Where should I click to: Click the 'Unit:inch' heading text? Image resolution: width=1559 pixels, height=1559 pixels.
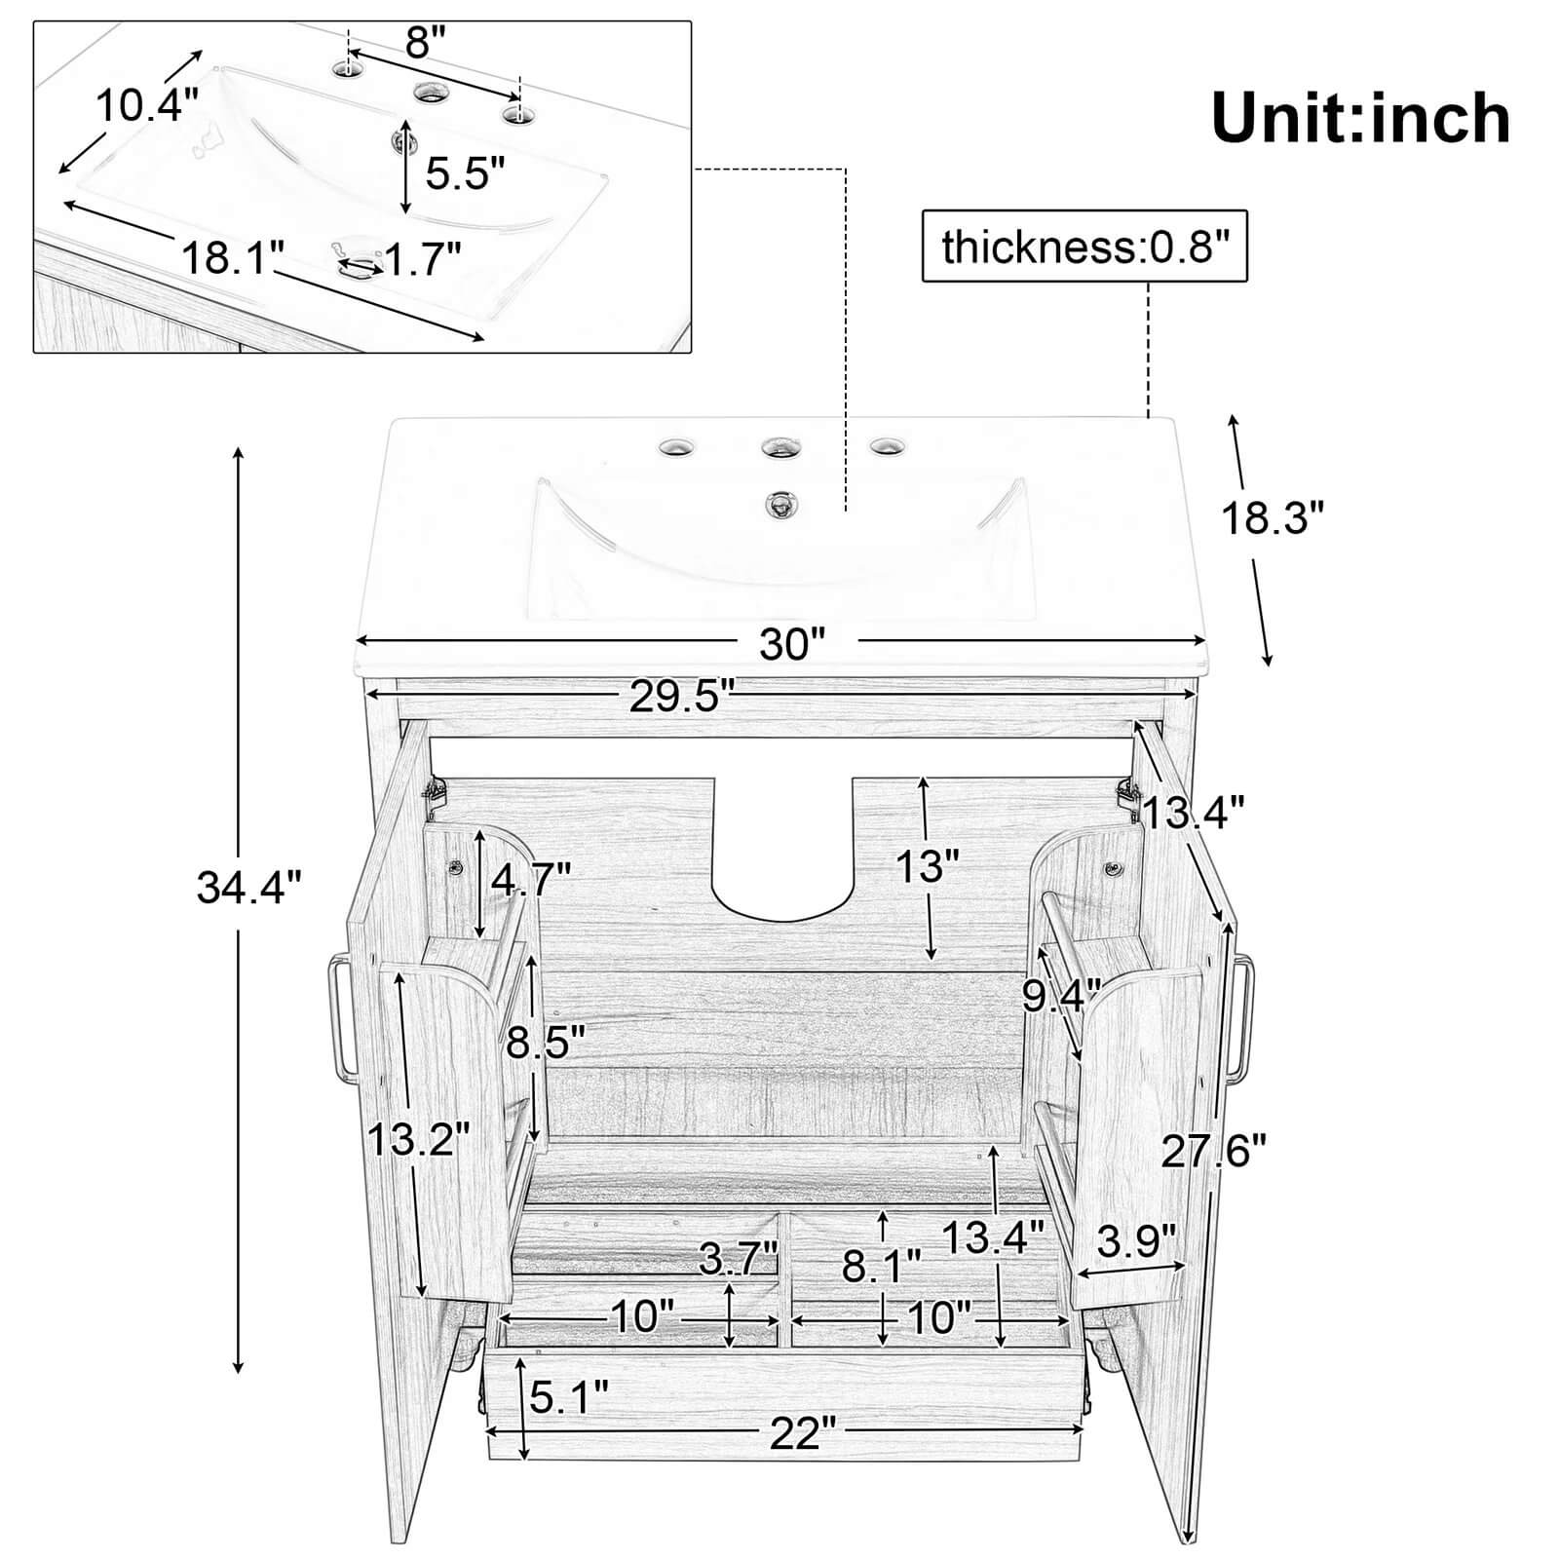tap(1360, 118)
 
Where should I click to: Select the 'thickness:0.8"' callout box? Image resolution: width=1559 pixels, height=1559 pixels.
tap(1084, 247)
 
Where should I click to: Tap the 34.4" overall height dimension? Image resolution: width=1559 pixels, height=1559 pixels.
tap(249, 887)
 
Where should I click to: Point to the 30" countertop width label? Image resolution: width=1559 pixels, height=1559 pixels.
tap(791, 644)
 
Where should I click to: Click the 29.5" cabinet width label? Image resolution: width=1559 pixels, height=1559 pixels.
tap(680, 696)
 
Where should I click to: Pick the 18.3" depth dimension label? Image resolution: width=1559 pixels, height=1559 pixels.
tap(1273, 518)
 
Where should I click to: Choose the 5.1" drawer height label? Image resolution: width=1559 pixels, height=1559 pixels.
tap(568, 1398)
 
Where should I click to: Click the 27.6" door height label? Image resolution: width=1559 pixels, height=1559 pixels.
tap(1212, 1152)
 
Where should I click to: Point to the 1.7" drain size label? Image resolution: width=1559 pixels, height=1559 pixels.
tap(421, 259)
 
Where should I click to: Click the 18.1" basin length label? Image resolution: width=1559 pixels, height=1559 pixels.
tap(232, 257)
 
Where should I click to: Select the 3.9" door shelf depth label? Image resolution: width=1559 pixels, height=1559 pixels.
tap(1136, 1241)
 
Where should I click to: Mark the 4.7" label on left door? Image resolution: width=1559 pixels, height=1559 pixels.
tap(530, 881)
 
